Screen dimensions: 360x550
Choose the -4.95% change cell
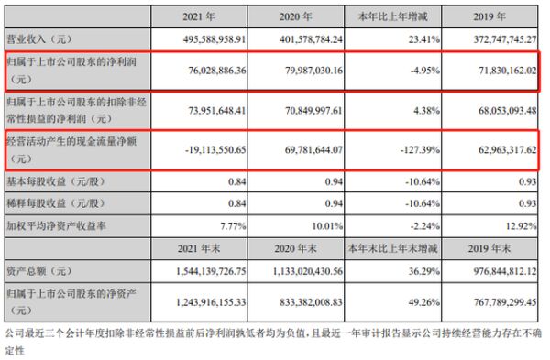(412, 71)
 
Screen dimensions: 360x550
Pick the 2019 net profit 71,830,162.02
(500, 71)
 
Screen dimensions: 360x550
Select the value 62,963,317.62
(500, 149)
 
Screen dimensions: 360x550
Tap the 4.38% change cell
(412, 109)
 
